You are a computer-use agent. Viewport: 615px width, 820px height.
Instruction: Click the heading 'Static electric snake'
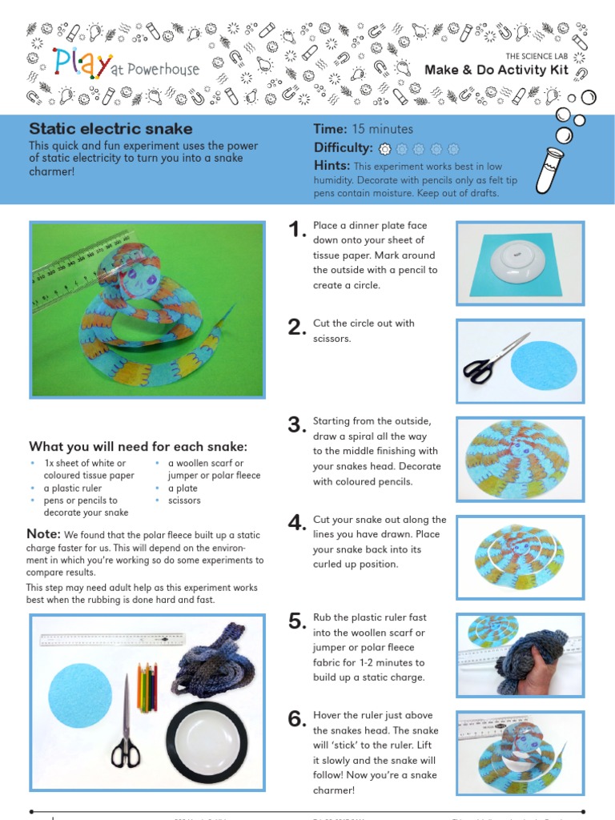click(111, 129)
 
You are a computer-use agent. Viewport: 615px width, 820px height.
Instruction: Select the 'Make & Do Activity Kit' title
click(507, 70)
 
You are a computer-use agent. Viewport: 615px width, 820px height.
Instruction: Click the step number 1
click(297, 231)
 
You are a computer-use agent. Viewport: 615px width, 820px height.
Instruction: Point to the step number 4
click(297, 524)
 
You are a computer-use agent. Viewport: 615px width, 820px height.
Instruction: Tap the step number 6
click(297, 719)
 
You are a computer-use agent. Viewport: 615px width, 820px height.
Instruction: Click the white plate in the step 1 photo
click(517, 263)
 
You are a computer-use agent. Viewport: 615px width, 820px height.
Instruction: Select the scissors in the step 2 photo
click(494, 360)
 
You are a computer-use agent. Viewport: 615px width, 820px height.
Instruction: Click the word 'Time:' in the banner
click(330, 129)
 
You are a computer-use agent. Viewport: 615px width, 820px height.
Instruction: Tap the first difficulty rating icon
click(384, 148)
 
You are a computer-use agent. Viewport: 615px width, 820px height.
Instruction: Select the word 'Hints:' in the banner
click(332, 166)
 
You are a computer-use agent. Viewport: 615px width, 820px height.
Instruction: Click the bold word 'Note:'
click(43, 534)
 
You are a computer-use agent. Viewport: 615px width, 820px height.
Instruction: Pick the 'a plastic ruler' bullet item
click(71, 488)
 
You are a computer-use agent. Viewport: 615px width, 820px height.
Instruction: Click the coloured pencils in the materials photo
click(147, 686)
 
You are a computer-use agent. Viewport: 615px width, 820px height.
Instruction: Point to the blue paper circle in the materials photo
click(79, 696)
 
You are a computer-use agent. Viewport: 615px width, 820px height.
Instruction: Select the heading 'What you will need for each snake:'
click(138, 446)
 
